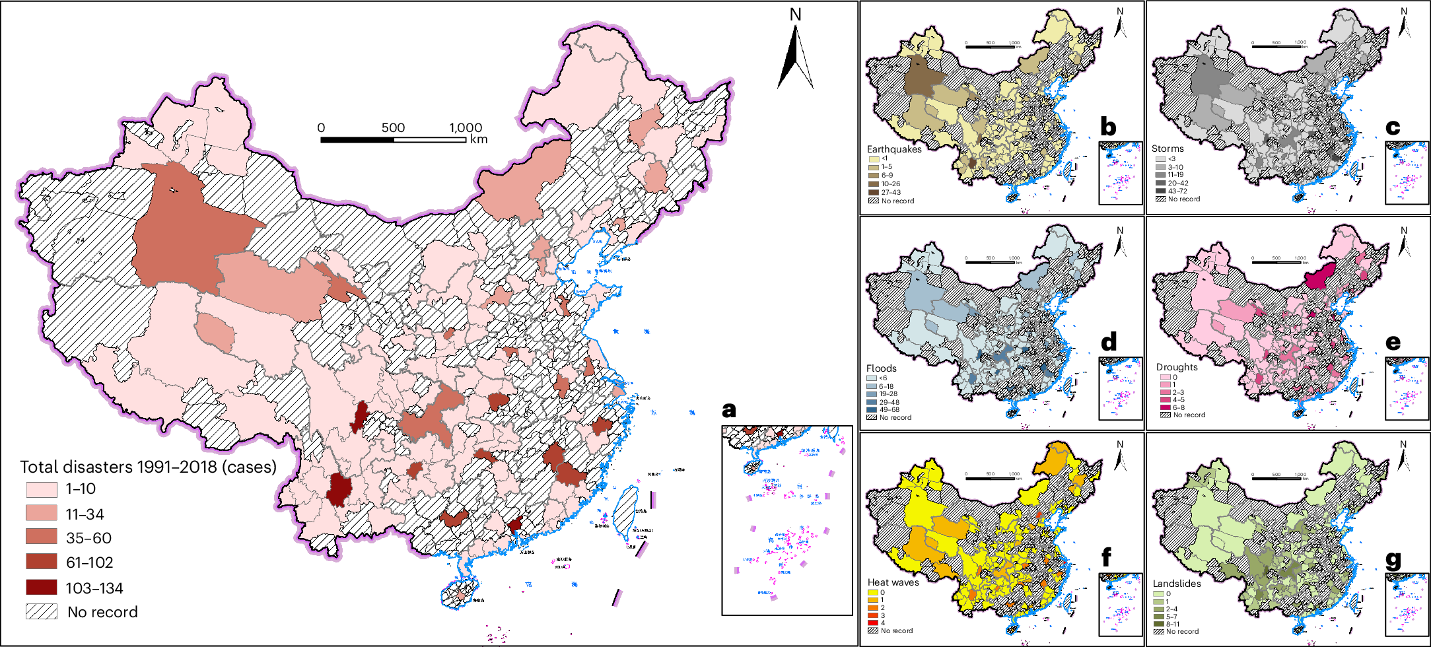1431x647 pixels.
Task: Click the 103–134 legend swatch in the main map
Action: coord(42,588)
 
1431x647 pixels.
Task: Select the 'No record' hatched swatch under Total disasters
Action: coord(42,612)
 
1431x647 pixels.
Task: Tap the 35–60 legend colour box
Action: coord(42,537)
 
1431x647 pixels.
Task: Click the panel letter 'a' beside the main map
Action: coord(728,410)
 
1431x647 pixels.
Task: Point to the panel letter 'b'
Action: coord(1108,127)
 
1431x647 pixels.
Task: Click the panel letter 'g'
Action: coord(1393,561)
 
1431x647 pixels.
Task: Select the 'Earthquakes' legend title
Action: coord(893,149)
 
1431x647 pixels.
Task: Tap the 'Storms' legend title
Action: coord(1168,149)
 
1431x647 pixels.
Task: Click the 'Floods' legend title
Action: coord(881,368)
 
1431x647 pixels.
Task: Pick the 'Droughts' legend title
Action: coord(1176,367)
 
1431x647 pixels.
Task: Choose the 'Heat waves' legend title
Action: coord(893,582)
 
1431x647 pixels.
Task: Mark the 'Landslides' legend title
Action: coord(1177,584)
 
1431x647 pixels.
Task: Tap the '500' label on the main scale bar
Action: coord(393,128)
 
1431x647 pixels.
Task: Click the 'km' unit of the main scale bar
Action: coord(479,139)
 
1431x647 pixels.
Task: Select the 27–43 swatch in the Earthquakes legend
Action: coord(874,192)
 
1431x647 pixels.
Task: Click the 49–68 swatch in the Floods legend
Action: coord(872,409)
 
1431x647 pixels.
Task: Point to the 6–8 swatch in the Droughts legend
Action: coord(1165,407)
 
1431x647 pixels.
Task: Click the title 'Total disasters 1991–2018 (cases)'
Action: coord(148,467)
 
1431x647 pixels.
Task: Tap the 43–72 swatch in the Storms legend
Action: coord(1160,191)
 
